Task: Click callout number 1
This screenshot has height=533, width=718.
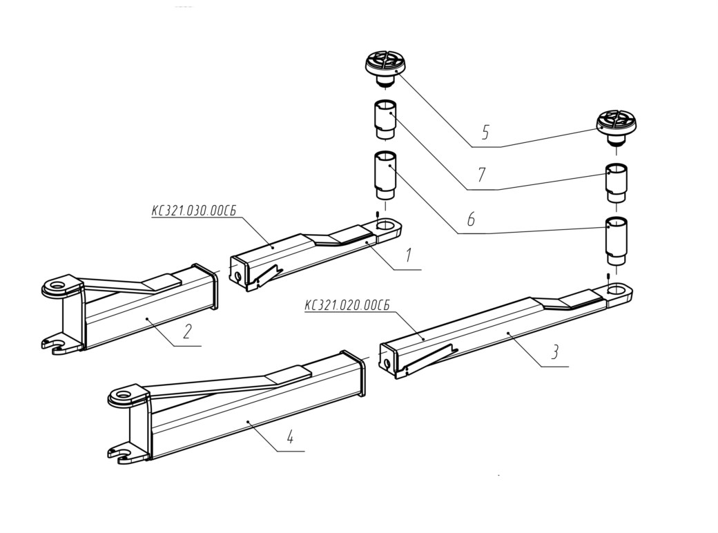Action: (409, 255)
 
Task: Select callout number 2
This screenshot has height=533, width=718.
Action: (187, 331)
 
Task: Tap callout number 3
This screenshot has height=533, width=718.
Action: (554, 352)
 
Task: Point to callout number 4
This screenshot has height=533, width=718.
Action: (290, 437)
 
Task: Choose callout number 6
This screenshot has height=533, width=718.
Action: (471, 220)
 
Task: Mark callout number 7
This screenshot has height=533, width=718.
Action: (481, 175)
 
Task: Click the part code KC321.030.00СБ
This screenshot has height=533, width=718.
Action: (194, 211)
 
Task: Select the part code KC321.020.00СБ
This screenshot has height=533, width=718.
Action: (347, 305)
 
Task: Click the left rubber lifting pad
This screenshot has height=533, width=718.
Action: (385, 68)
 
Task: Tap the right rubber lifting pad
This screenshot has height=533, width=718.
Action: (617, 124)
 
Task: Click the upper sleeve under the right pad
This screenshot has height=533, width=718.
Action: (617, 183)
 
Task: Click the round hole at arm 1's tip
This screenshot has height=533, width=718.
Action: (387, 225)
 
